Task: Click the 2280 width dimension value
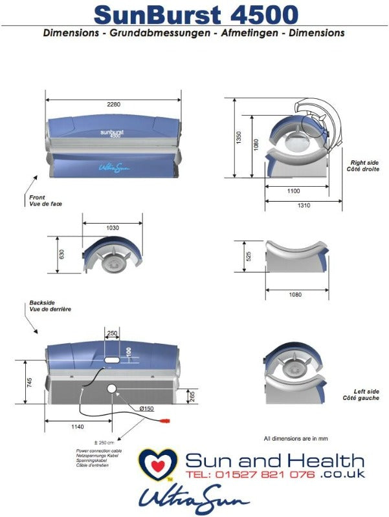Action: [x=114, y=104]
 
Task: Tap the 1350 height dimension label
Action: [x=239, y=138]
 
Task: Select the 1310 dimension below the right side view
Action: [x=304, y=206]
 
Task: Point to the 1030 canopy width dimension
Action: [x=113, y=228]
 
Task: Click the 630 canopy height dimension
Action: [x=61, y=255]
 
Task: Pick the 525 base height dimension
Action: [x=249, y=257]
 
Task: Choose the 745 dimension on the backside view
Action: [x=29, y=383]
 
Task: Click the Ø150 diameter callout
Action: [x=147, y=408]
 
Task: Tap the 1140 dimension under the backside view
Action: [x=78, y=427]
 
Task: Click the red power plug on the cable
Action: [x=164, y=421]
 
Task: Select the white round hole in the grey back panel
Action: [x=112, y=389]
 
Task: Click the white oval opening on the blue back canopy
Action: [x=111, y=359]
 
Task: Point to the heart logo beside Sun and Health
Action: [x=158, y=464]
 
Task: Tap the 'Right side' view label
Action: [x=364, y=163]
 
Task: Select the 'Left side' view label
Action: [x=366, y=392]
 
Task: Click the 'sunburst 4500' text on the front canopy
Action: [x=112, y=133]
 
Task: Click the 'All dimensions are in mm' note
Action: [x=296, y=439]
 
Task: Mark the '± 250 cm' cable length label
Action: [x=104, y=443]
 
